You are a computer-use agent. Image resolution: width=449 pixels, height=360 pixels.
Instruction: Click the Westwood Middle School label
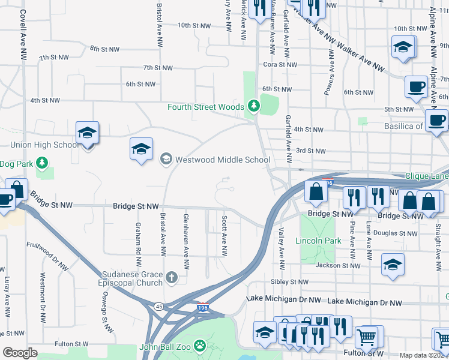tap(221, 160)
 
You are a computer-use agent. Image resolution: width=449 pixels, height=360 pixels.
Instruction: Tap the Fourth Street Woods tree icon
tap(254, 107)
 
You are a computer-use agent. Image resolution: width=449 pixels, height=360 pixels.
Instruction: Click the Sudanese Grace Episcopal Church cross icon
tap(172, 277)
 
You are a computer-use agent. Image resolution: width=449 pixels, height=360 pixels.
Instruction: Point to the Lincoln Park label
tap(318, 241)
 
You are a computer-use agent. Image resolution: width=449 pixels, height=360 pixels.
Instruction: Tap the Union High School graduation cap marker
tap(88, 134)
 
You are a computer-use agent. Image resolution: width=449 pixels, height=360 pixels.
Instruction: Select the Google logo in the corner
tap(20, 353)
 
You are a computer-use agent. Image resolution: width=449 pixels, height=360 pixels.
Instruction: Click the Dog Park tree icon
tap(41, 163)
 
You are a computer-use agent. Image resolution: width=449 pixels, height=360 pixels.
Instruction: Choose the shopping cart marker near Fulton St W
tap(366, 337)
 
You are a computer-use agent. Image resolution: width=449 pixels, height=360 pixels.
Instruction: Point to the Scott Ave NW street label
tap(224, 236)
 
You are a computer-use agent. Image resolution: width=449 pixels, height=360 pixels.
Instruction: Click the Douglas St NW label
tap(395, 233)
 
